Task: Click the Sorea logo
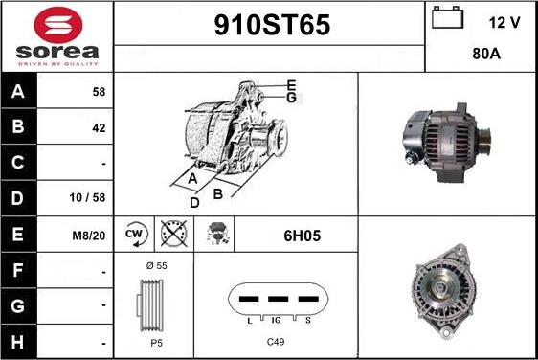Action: pyautogui.click(x=57, y=35)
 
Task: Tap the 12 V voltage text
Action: pyautogui.click(x=504, y=21)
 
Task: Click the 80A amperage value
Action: pyautogui.click(x=486, y=55)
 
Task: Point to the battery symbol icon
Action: pyautogui.click(x=447, y=19)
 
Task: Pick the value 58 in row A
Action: pyautogui.click(x=99, y=92)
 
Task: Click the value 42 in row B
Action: pyautogui.click(x=99, y=127)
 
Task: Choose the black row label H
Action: pyautogui.click(x=17, y=340)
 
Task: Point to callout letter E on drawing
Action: pyautogui.click(x=290, y=85)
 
